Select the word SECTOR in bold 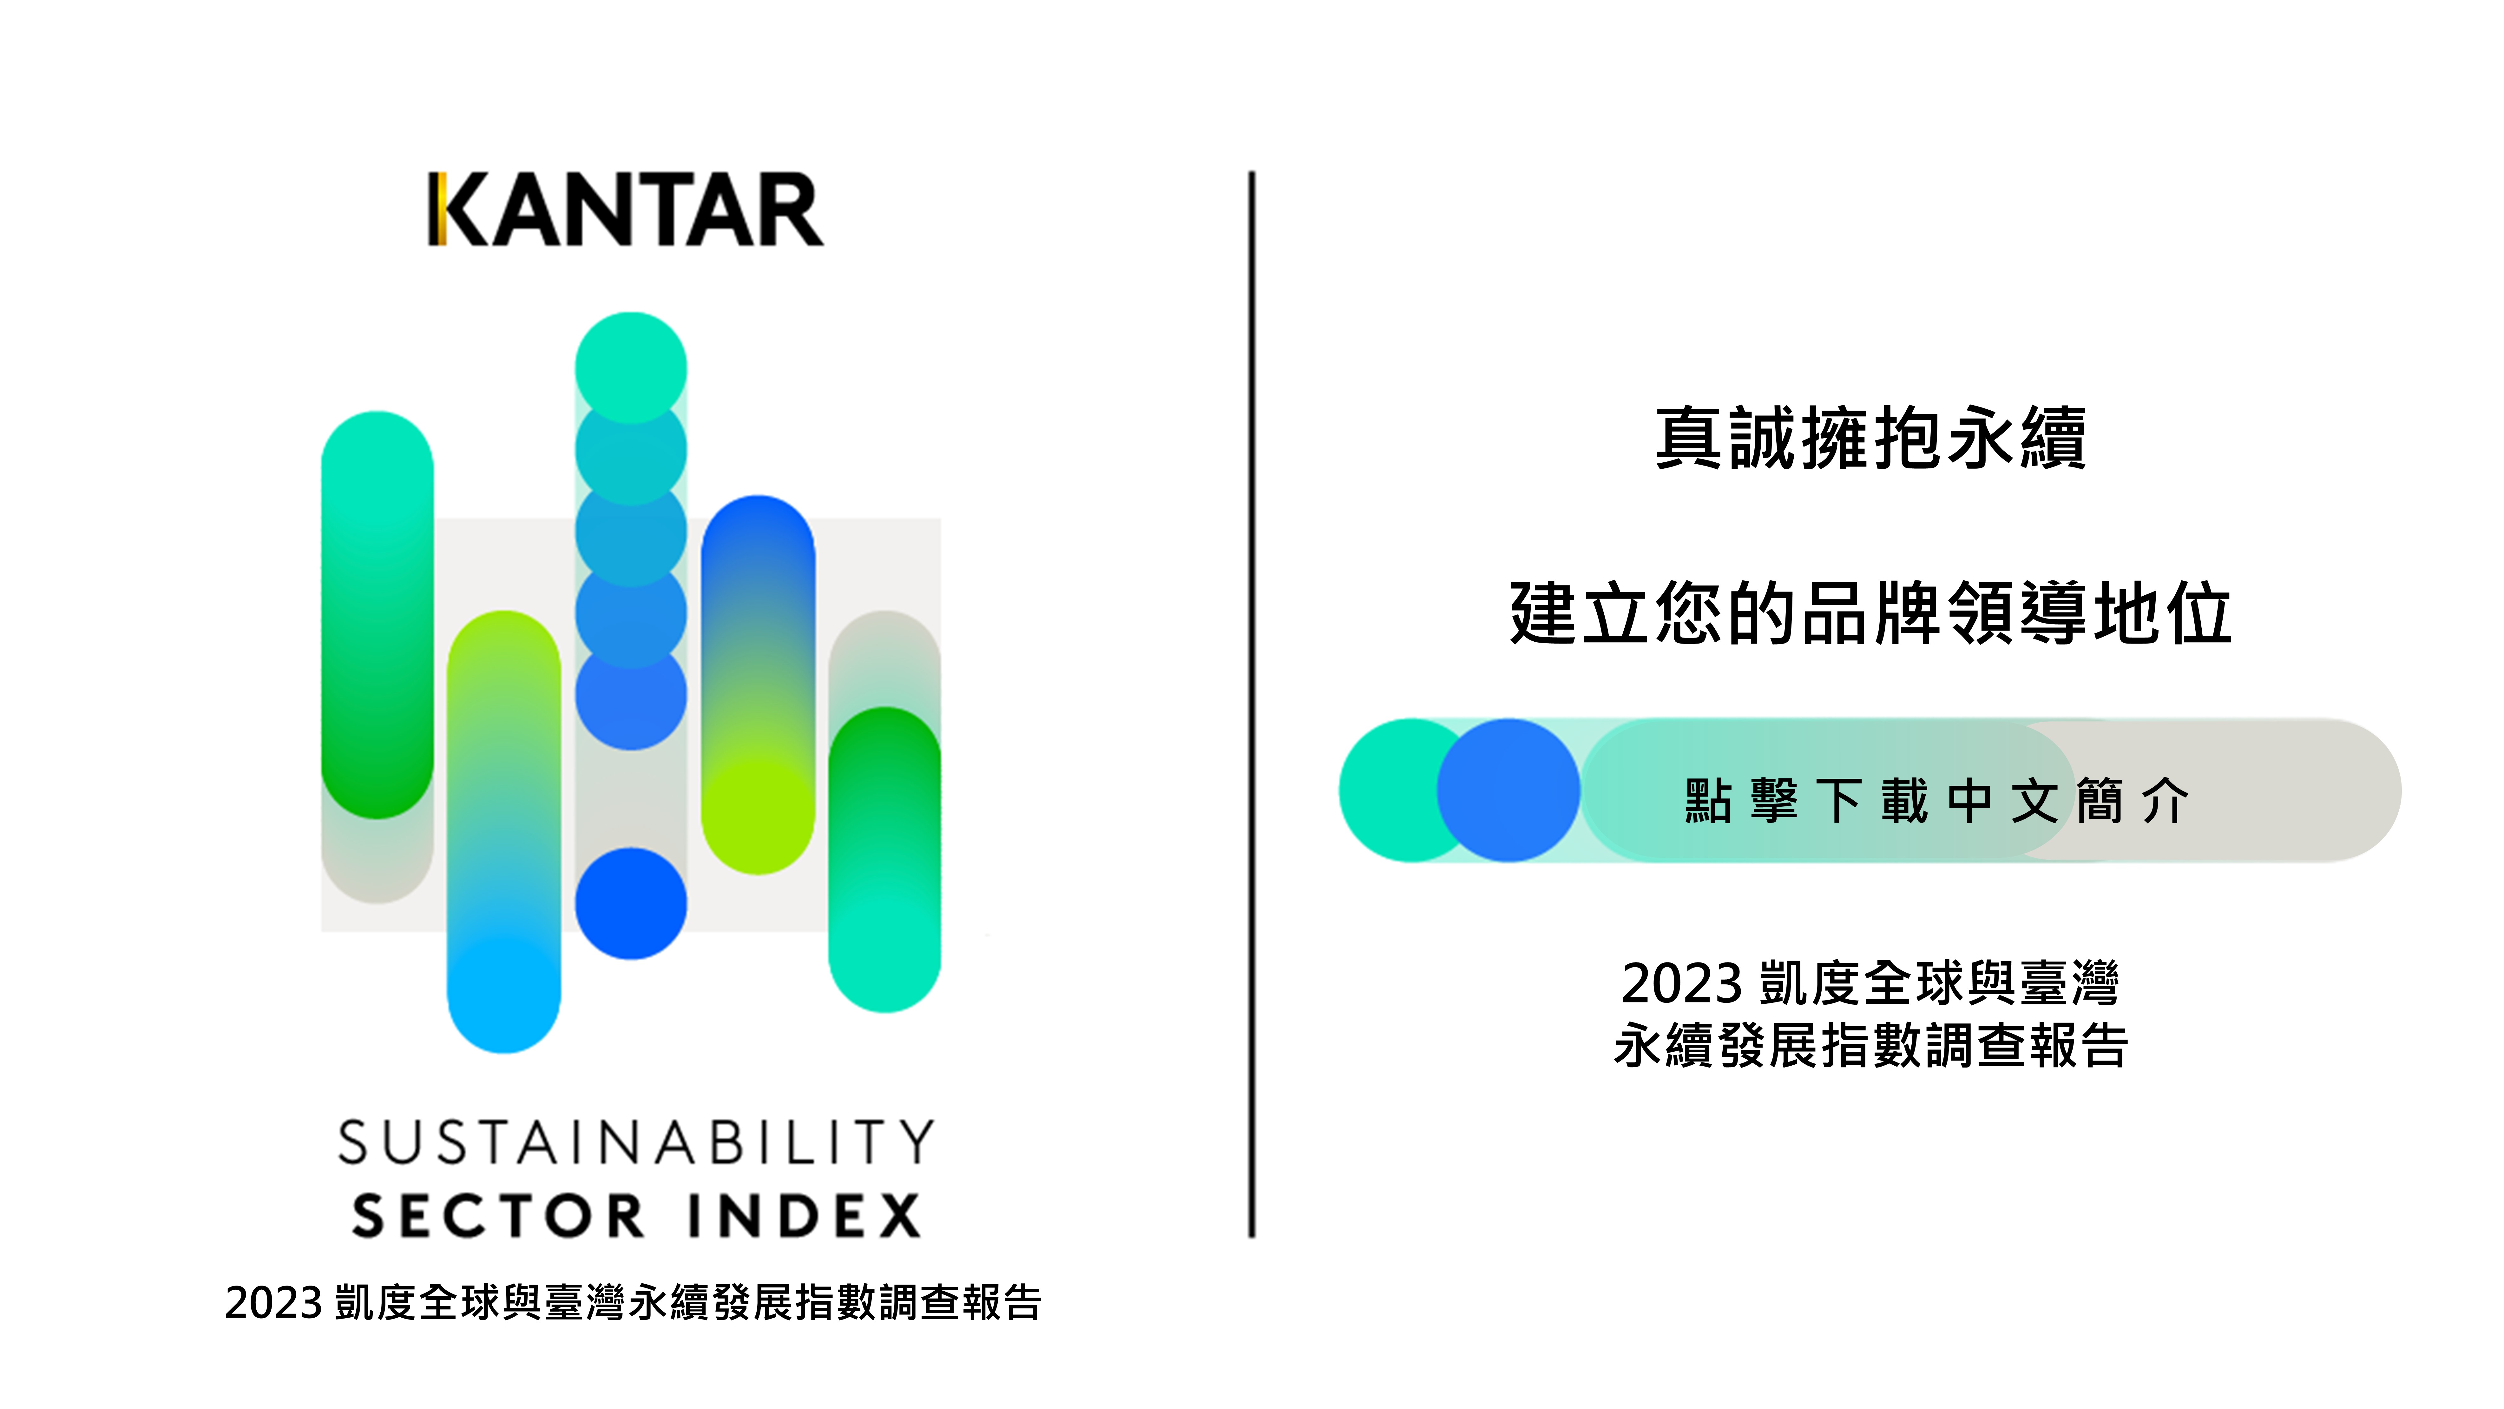[x=498, y=1215]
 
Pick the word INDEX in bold [x=805, y=1215]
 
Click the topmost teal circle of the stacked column [x=631, y=367]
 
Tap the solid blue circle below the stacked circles [x=631, y=903]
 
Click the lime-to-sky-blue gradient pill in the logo [x=503, y=831]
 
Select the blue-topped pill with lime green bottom [x=758, y=685]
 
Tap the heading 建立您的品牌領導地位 [x=1871, y=612]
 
